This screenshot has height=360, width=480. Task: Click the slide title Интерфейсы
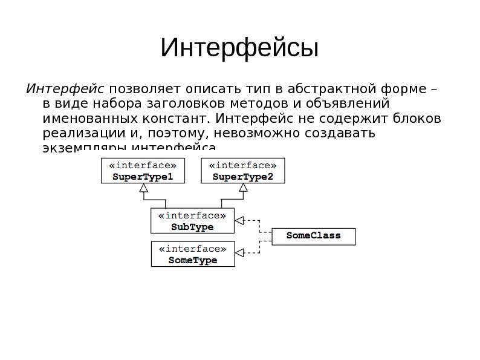239,48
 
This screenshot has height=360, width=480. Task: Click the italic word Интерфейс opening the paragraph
65,88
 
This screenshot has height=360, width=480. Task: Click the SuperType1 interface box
143,171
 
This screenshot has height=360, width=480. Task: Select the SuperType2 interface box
243,171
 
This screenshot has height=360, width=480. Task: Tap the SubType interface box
192,221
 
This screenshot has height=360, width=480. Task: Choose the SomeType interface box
192,255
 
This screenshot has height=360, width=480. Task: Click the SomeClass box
313,236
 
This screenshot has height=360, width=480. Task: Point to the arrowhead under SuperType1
143,188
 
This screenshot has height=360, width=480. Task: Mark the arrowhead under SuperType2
243,188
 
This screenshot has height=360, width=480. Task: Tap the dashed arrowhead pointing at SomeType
239,253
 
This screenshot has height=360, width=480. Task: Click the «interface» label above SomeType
192,249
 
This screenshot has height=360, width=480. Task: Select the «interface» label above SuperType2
243,165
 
